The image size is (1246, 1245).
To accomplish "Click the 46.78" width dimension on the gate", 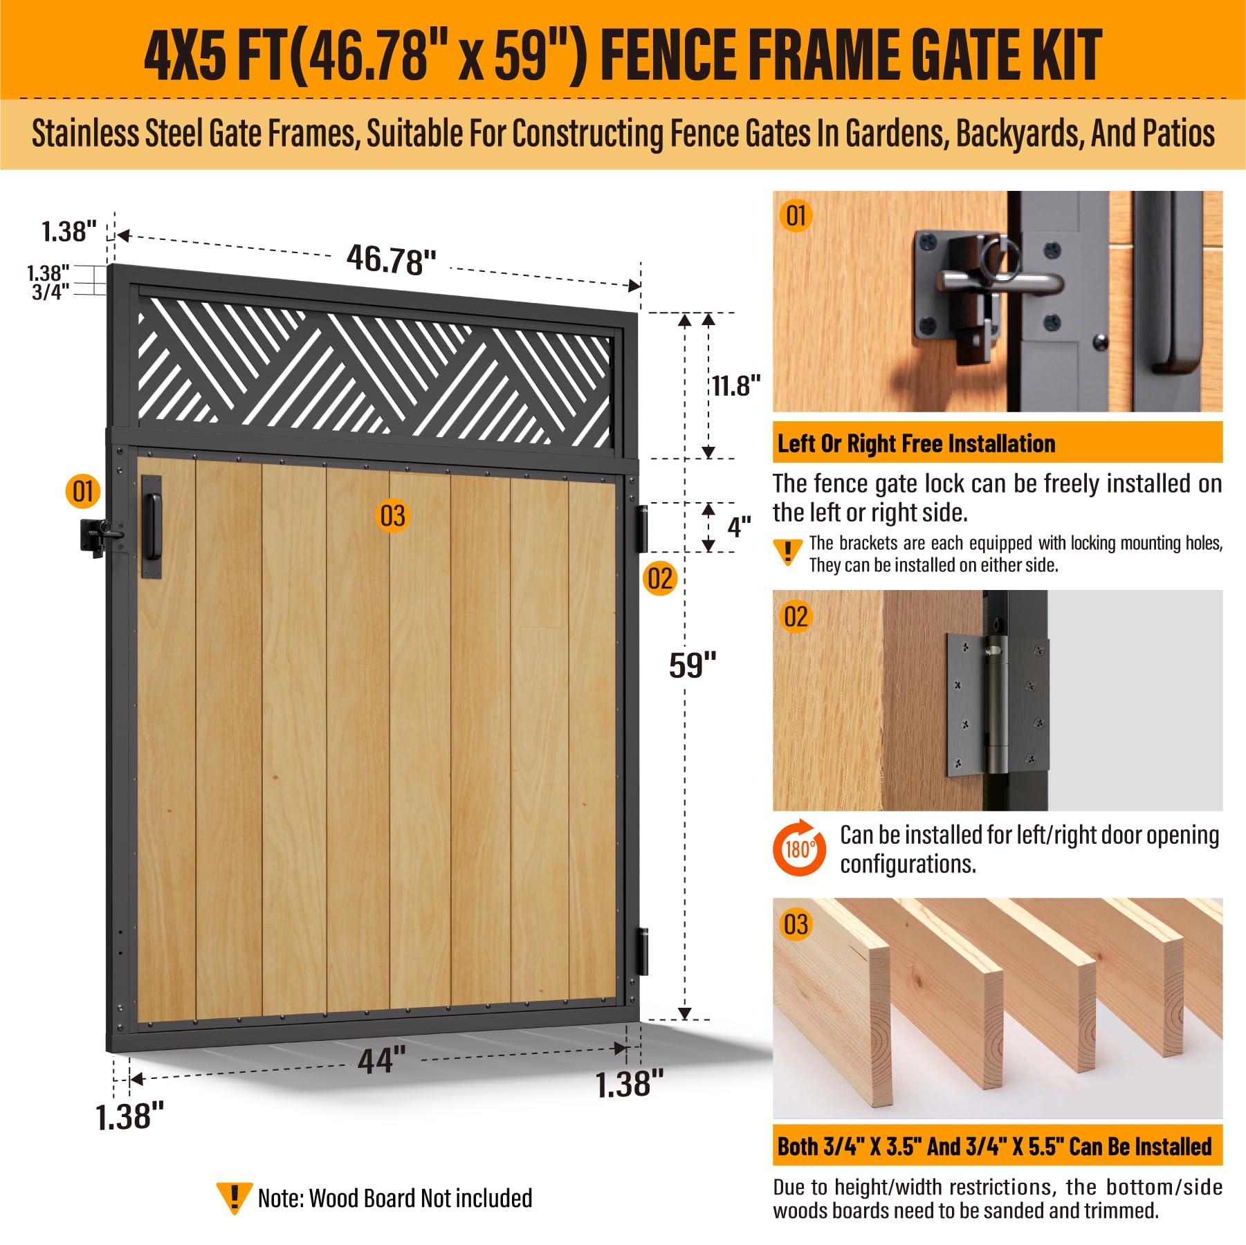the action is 391,260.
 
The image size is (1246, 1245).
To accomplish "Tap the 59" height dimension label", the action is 693,665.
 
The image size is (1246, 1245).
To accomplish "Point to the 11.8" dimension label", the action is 736,385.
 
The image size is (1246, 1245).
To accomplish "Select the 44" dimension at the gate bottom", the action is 382,1060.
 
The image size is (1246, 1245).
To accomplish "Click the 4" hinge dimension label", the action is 739,527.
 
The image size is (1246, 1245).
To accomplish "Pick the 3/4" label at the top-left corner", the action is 51,292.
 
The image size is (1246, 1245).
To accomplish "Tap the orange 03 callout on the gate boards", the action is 392,516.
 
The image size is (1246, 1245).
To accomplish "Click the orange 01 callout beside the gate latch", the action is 83,491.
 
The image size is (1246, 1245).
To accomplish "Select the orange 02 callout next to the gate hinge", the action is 659,578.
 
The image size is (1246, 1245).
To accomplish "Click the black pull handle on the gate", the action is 152,526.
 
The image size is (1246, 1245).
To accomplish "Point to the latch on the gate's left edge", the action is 102,537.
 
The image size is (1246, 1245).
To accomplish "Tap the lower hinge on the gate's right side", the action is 643,951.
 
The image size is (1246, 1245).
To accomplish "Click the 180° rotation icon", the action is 799,848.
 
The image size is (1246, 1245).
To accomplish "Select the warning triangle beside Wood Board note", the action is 234,1198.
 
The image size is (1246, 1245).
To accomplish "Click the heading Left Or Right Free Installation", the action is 916,443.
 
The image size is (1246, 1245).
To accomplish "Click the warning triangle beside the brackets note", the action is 787,552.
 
